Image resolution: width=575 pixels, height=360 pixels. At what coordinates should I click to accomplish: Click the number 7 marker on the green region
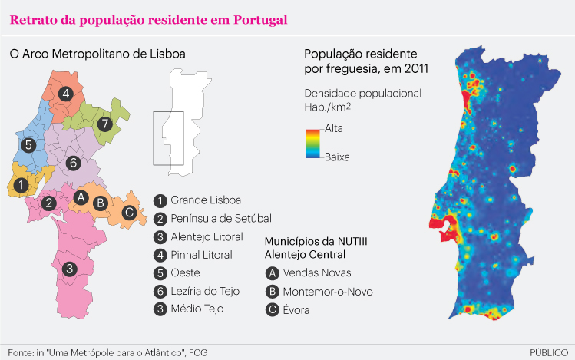pos(105,123)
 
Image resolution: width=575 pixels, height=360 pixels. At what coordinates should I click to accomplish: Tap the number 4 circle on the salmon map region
pos(67,94)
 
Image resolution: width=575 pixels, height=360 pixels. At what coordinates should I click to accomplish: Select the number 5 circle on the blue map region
pos(28,144)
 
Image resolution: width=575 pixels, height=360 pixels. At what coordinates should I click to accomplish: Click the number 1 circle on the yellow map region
pos(21,185)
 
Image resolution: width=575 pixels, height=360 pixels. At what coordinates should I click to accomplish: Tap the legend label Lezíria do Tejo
pos(207,291)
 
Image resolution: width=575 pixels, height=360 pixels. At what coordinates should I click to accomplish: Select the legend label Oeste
pos(185,272)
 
